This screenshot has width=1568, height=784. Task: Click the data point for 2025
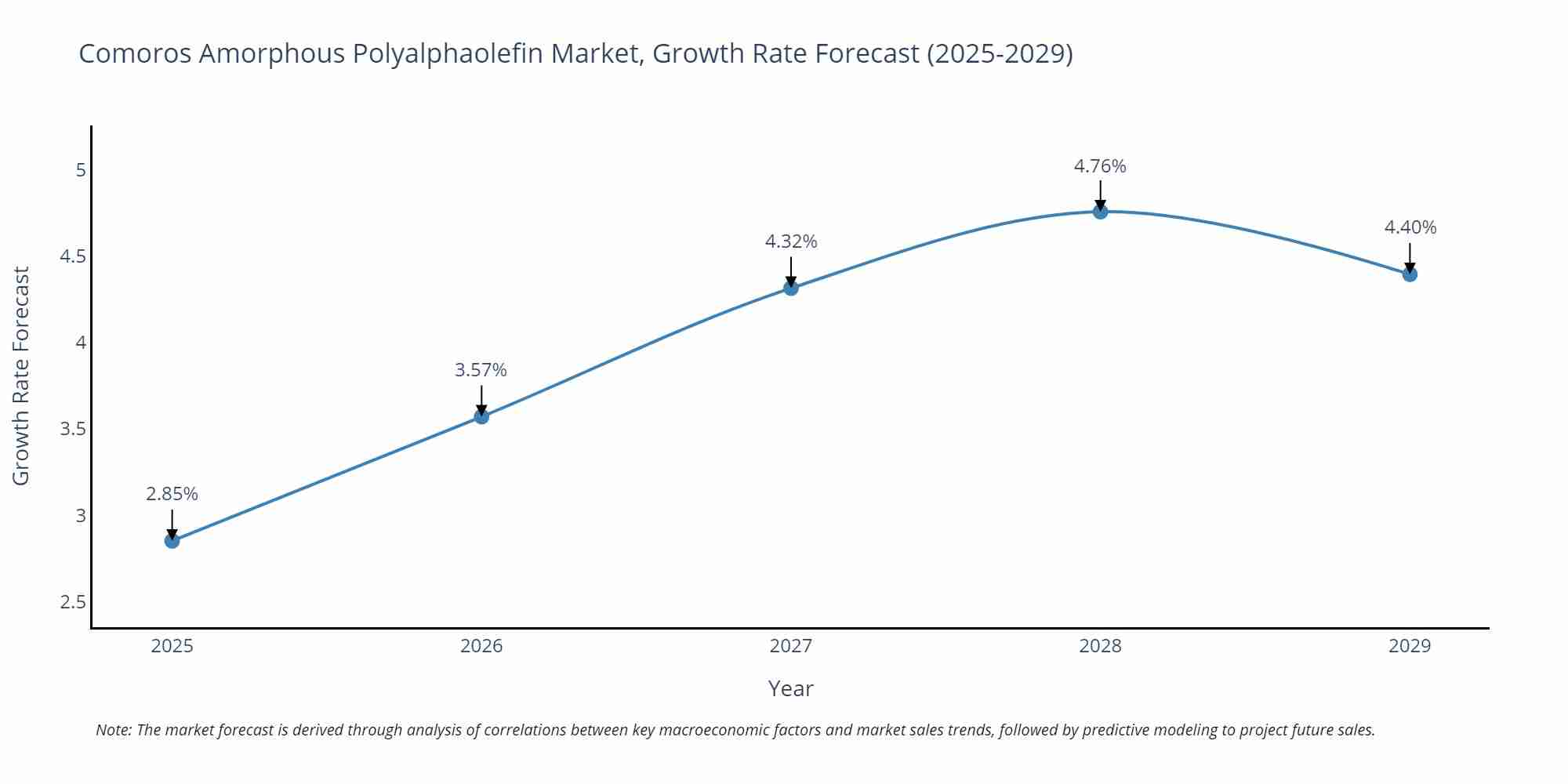(172, 540)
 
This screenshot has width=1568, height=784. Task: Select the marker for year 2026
(481, 416)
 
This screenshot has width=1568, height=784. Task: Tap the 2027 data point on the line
(791, 288)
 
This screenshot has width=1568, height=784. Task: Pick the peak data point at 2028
(1100, 211)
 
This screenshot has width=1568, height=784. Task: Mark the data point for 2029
(1410, 274)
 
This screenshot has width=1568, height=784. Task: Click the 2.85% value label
(172, 494)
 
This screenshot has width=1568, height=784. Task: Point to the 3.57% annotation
(481, 370)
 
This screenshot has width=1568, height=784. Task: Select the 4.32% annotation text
(791, 241)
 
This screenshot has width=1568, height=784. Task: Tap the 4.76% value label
(1100, 166)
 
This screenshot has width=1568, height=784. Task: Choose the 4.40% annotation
(1410, 227)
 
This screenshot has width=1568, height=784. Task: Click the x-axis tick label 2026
(481, 646)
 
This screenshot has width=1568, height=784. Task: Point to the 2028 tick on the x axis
(1100, 646)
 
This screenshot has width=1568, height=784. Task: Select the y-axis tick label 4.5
(73, 256)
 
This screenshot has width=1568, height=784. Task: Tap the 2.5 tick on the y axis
(73, 602)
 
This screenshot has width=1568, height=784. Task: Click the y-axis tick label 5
(81, 170)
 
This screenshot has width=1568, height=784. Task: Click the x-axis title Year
(790, 688)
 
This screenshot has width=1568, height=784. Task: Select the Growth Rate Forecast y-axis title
(21, 376)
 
